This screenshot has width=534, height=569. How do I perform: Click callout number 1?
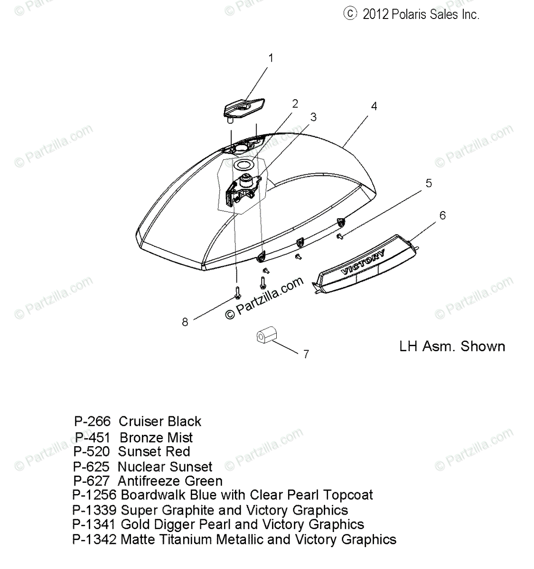pyautogui.click(x=271, y=58)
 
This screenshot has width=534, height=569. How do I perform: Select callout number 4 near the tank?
pyautogui.click(x=374, y=106)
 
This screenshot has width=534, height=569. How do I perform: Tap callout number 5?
pyautogui.click(x=429, y=183)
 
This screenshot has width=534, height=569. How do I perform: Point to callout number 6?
pyautogui.click(x=442, y=215)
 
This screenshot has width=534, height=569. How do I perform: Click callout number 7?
pyautogui.click(x=306, y=354)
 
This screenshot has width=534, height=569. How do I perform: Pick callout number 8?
pyautogui.click(x=185, y=322)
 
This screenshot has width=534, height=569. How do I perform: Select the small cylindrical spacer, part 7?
pyautogui.click(x=263, y=337)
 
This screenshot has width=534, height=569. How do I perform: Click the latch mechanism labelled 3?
pyautogui.click(x=244, y=188)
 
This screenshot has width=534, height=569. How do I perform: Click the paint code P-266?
pyautogui.click(x=92, y=421)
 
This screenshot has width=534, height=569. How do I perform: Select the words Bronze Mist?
pyautogui.click(x=156, y=437)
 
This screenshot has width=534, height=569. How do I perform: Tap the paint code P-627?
pyautogui.click(x=91, y=481)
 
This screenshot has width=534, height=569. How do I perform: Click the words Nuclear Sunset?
pyautogui.click(x=165, y=467)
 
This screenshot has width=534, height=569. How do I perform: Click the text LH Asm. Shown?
pyautogui.click(x=452, y=346)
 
